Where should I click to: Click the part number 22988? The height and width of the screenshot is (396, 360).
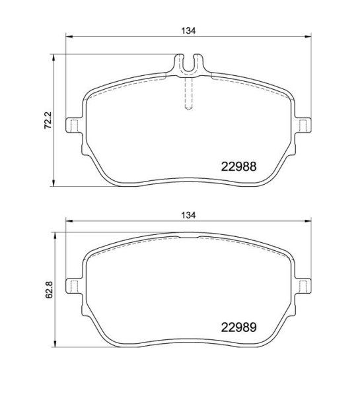coord(238,167)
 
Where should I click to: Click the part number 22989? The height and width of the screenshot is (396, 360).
coord(238,327)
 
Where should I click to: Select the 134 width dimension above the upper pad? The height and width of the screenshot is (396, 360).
coord(189,31)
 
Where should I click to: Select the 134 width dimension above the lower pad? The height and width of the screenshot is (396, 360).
coord(189,215)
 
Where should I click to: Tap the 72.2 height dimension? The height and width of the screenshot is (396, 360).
coord(48,120)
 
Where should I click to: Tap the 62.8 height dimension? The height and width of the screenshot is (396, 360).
coord(49,290)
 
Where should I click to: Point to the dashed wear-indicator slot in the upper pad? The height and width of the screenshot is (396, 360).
coord(189,94)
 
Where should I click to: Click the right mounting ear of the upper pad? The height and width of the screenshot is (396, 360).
coord(303,125)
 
